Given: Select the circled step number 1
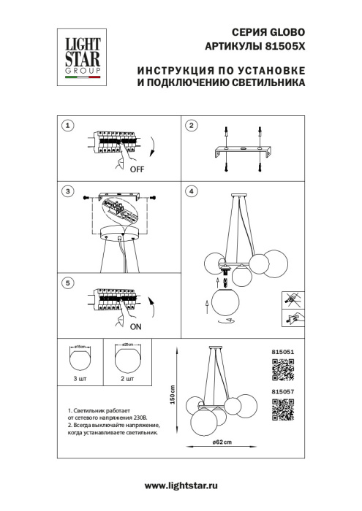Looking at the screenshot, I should point(67,126).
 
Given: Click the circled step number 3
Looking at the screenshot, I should point(67,192).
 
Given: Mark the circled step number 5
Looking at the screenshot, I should point(67,282).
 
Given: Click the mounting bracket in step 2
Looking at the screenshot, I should point(242,151).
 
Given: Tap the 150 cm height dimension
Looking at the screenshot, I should point(173,397).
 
